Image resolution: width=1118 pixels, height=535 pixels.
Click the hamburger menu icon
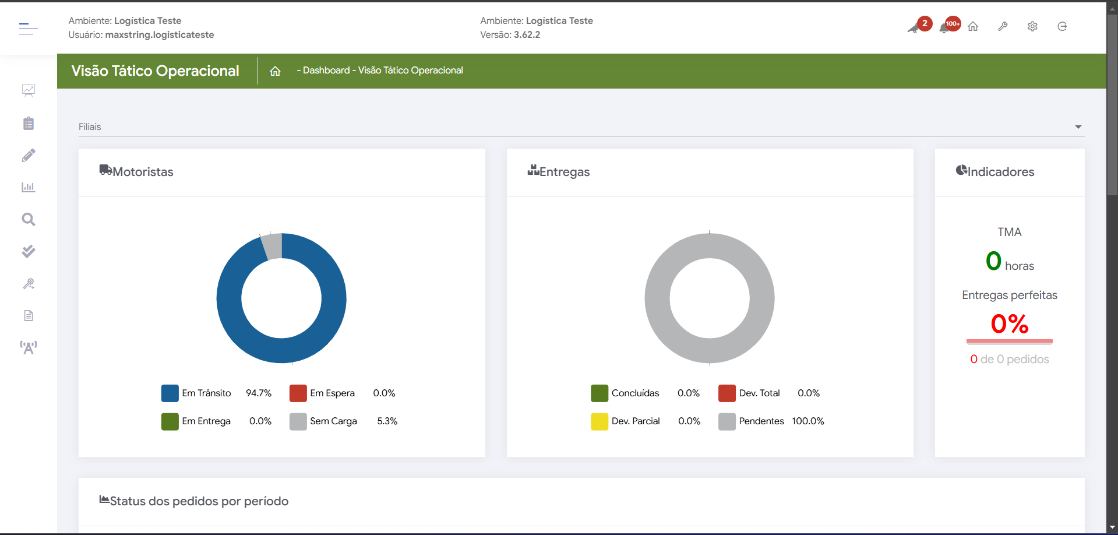pyautogui.click(x=28, y=28)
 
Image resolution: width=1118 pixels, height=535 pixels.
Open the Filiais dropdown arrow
pyautogui.click(x=1078, y=127)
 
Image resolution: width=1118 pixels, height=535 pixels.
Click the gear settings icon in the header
pyautogui.click(x=1032, y=26)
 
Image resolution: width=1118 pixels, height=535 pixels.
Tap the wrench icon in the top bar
pyautogui.click(x=1003, y=26)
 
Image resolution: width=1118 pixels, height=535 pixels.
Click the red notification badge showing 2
pyautogui.click(x=925, y=23)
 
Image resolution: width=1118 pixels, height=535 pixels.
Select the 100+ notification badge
pyautogui.click(x=953, y=23)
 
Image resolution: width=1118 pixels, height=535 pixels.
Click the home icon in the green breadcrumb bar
pyautogui.click(x=275, y=71)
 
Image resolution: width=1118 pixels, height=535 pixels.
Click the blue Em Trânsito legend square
pyautogui.click(x=170, y=393)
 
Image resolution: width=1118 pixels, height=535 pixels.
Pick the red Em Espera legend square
pyautogui.click(x=298, y=393)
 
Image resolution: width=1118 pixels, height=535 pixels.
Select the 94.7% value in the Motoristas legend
pyautogui.click(x=259, y=393)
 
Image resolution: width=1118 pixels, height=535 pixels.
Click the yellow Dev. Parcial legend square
pyautogui.click(x=599, y=421)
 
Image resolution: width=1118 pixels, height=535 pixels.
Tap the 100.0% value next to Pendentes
pyautogui.click(x=807, y=421)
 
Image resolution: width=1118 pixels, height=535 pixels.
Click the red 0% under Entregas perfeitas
pyautogui.click(x=1010, y=324)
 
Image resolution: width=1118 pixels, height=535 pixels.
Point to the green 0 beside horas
pyautogui.click(x=993, y=261)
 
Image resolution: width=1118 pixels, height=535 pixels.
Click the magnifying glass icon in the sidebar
pyautogui.click(x=28, y=220)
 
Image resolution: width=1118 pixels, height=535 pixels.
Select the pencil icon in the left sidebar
pyautogui.click(x=28, y=156)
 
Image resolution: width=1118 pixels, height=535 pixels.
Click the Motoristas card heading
pyautogui.click(x=143, y=172)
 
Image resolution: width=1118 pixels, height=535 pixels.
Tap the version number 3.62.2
pyautogui.click(x=527, y=35)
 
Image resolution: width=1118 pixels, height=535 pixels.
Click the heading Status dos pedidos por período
pyautogui.click(x=199, y=501)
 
